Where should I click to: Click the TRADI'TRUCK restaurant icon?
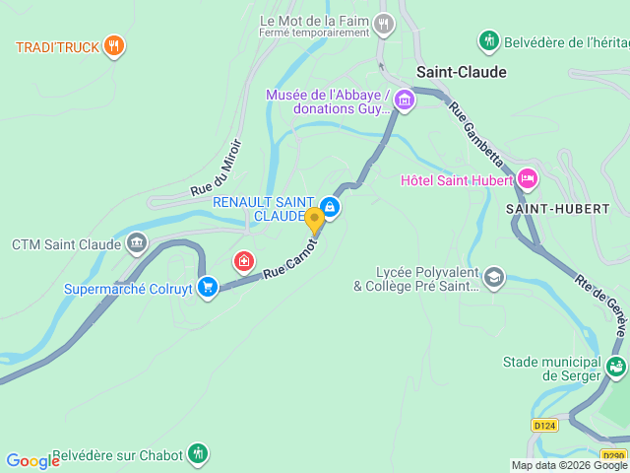tap(114, 45)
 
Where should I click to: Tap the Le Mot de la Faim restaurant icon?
tap(384, 23)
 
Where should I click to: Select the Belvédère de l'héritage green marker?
tap(489, 40)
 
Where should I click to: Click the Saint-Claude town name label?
tap(461, 72)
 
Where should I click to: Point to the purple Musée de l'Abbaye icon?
tap(406, 101)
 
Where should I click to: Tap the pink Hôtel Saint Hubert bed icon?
tap(527, 179)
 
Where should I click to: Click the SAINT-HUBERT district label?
tap(557, 209)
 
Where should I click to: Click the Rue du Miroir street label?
tap(216, 166)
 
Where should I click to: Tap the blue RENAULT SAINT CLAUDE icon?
tap(331, 208)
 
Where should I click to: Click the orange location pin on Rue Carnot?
tap(314, 220)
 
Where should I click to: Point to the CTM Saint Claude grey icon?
tap(137, 243)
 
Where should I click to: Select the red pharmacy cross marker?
tap(242, 261)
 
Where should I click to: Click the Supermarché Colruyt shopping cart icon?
tap(207, 287)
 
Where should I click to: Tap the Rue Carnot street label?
tap(290, 258)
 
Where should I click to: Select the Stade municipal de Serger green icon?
tap(616, 368)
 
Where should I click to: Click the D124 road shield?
tap(543, 425)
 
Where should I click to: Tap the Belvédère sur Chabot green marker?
tap(199, 454)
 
